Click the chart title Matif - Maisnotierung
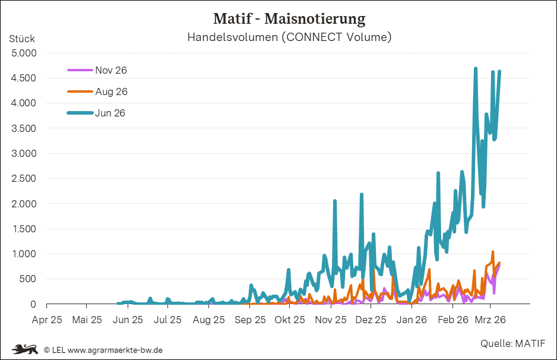click(289, 18)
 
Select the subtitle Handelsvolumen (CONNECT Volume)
click(289, 37)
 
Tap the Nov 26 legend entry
click(110, 70)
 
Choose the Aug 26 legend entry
click(111, 91)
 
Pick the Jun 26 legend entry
click(110, 113)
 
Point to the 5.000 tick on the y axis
click(24, 53)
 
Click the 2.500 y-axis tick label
click(24, 178)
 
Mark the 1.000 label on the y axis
click(24, 254)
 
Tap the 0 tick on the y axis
click(34, 304)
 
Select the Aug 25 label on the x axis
click(209, 320)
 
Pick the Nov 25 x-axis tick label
click(331, 320)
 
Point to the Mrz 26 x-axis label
click(490, 320)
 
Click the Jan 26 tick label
click(412, 320)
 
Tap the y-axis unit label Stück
click(22, 39)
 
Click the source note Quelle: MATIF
click(512, 343)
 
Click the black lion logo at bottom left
click(25, 349)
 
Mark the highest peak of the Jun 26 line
click(476, 69)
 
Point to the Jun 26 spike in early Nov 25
click(335, 201)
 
